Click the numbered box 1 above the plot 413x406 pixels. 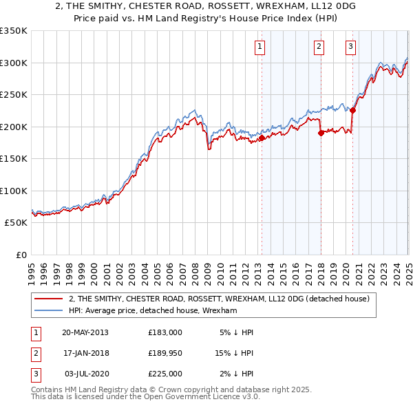260,47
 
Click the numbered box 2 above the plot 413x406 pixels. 319,47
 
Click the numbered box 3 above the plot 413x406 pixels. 350,47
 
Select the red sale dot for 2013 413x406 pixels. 262,138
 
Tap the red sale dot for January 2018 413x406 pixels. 321,133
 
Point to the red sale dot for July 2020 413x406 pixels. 352,110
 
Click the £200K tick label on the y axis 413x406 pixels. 14,127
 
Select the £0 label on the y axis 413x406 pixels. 22,255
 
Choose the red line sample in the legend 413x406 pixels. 49,299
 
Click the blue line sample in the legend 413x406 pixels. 49,310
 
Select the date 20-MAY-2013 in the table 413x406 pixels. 85,332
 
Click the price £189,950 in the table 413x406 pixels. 165,353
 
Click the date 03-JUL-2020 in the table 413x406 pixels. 85,374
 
